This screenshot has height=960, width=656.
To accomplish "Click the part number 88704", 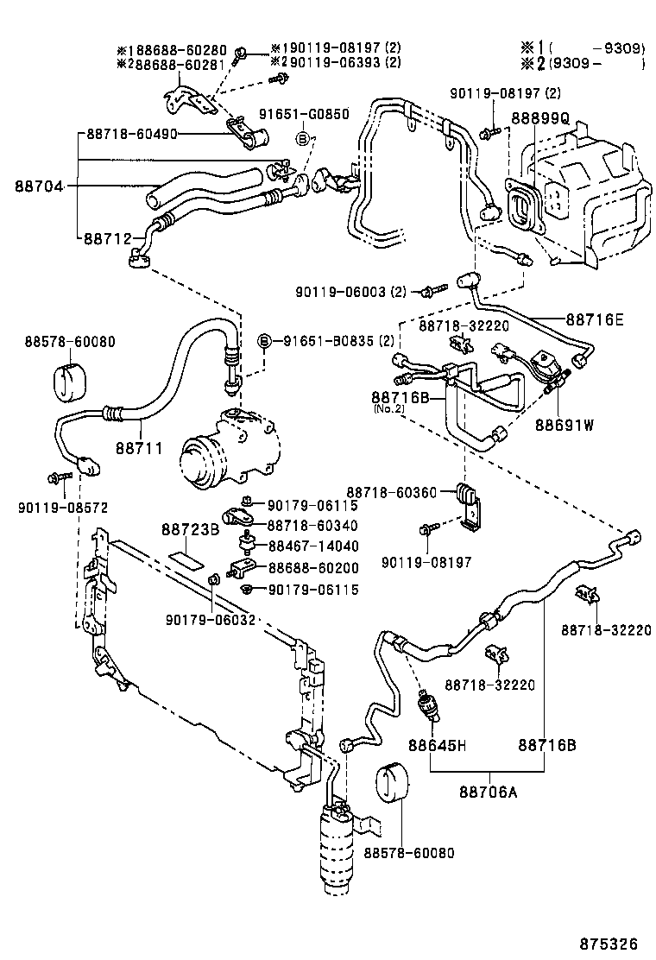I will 38,186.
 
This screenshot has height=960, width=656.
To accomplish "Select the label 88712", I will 107,237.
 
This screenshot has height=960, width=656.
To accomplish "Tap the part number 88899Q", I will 539,118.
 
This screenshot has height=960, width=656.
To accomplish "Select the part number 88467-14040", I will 312,546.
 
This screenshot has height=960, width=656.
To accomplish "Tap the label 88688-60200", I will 312,567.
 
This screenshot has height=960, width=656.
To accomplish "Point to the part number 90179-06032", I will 211,618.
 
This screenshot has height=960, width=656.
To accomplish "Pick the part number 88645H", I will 438,744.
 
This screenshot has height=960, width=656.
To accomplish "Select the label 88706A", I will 489,792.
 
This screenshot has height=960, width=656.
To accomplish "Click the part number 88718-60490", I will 132,134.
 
